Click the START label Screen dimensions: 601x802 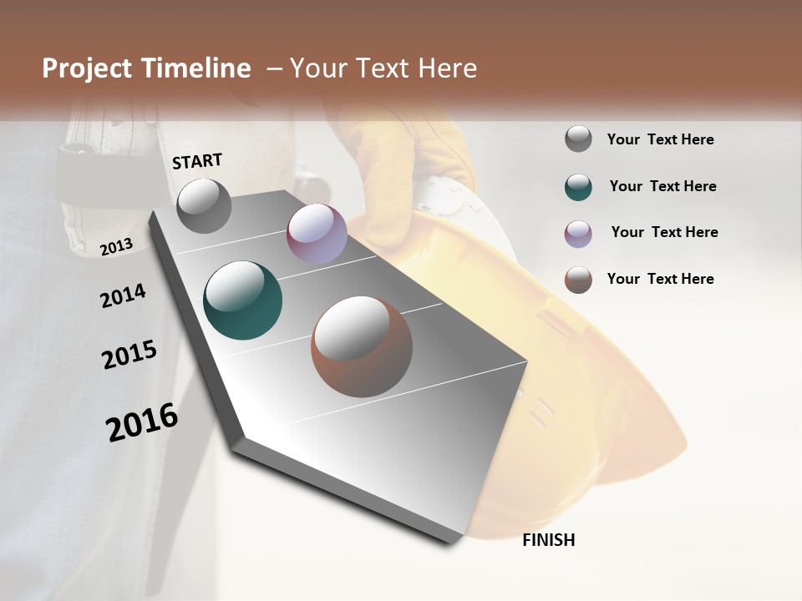point(197,161)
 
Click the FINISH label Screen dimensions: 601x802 point(549,540)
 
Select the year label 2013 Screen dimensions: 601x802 point(116,246)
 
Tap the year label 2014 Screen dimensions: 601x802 point(123,295)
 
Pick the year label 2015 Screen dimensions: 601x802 point(129,355)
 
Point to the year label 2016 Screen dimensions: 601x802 point(142,422)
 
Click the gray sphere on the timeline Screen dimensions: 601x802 point(204,205)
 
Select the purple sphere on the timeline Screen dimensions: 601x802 point(317,234)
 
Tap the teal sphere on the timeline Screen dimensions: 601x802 point(242,300)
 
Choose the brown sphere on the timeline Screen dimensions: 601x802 point(362,346)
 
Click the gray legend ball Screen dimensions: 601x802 point(578,139)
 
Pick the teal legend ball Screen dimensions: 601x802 point(578,187)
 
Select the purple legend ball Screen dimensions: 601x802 point(578,234)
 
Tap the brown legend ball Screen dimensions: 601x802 point(578,280)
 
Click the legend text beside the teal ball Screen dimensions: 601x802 point(662,186)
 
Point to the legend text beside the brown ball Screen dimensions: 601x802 point(660,279)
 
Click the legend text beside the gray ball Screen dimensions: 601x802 point(660,139)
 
